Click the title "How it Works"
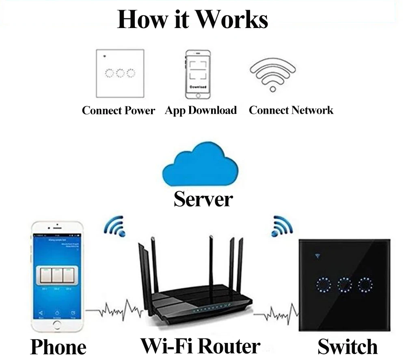(x=192, y=20)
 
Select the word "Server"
(x=203, y=199)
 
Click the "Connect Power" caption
(x=118, y=111)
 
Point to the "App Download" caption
(x=201, y=111)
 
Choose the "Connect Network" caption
(x=291, y=110)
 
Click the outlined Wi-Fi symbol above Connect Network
(x=273, y=75)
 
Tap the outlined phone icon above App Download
(x=198, y=74)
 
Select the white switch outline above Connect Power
(x=119, y=73)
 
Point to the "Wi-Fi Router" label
(x=200, y=346)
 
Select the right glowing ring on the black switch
(x=366, y=285)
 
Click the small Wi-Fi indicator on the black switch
(x=317, y=256)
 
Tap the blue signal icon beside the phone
(x=114, y=226)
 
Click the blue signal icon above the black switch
(x=282, y=226)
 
